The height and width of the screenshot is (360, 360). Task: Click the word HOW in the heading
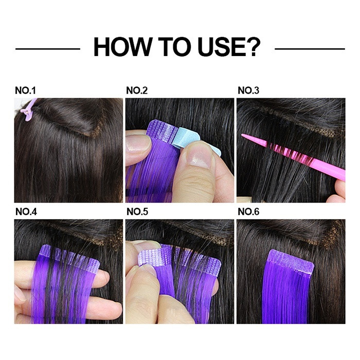123,47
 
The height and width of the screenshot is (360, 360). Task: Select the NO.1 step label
25,91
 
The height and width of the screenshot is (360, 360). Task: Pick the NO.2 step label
137,91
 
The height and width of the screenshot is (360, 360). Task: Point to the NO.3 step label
248,91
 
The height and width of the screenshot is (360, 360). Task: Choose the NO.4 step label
26,212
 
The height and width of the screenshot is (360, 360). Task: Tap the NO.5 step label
137,212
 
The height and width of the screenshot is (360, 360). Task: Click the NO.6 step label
248,212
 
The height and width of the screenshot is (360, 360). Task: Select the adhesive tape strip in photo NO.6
291,261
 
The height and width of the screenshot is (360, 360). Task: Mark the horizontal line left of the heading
48,49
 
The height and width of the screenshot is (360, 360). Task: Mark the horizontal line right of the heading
310,49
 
